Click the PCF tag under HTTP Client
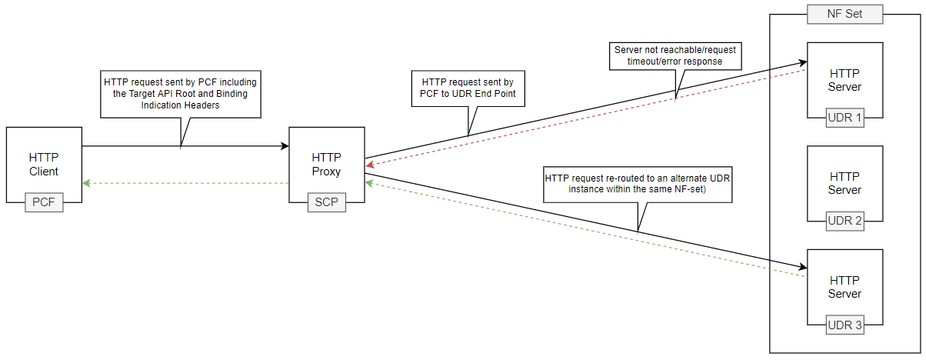(43, 204)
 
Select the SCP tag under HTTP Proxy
(327, 204)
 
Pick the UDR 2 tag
(844, 222)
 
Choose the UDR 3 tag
(844, 325)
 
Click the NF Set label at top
(844, 15)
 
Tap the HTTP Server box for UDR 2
(844, 182)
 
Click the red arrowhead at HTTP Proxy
(370, 164)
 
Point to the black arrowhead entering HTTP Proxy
(284, 145)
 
